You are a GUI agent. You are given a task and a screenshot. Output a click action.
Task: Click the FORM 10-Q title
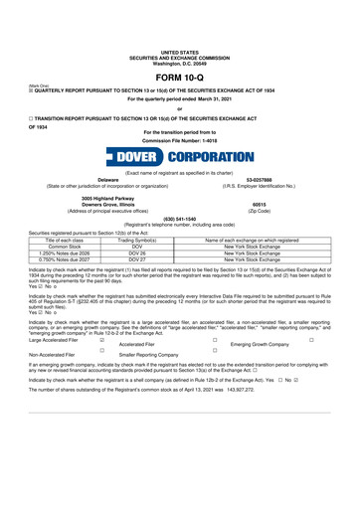180,51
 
